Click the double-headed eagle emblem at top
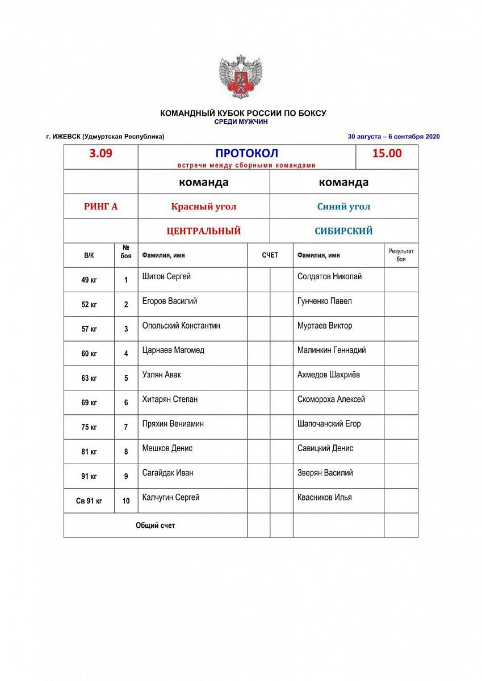coord(241,77)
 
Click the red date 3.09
coord(100,153)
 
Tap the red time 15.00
coord(387,153)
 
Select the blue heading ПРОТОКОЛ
coord(246,153)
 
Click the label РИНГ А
coord(100,207)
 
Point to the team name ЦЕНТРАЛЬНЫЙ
coord(204,231)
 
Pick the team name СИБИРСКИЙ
coord(343,231)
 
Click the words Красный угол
coord(204,207)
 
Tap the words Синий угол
coord(343,207)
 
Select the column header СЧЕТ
coord(270,255)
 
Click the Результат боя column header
coord(401,255)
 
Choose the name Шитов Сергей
coord(166,277)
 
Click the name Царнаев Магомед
coord(173,350)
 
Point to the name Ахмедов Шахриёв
coord(329,375)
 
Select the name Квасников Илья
coord(324,497)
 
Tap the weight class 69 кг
coord(89,403)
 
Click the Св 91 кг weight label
coord(89,501)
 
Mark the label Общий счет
coord(156,526)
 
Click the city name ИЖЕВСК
coord(66,137)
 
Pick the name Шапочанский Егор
coord(329,424)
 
